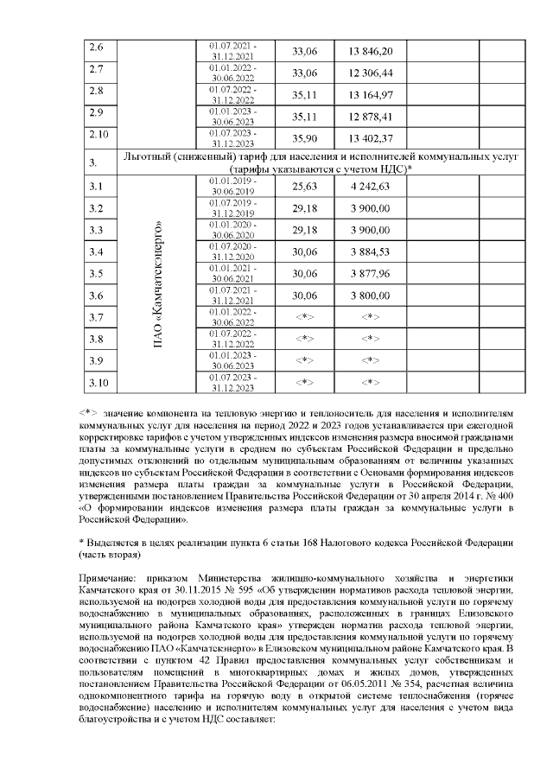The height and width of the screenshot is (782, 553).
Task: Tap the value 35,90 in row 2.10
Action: [x=304, y=138]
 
